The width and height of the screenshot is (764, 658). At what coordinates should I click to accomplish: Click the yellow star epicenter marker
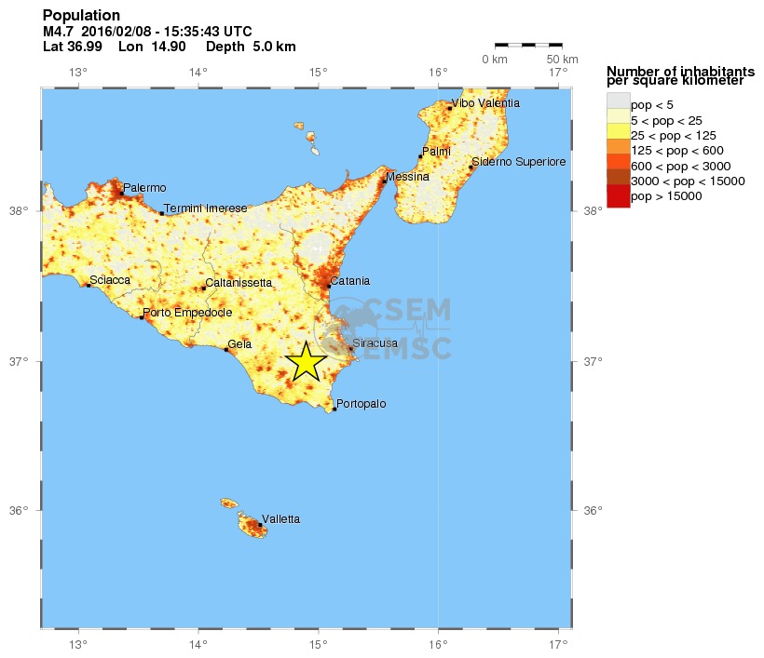tap(306, 362)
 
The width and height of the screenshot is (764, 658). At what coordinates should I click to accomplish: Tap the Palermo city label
tap(144, 188)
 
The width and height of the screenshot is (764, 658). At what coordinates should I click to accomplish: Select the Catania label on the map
tap(349, 280)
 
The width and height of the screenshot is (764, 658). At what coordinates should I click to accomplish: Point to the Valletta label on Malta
tap(280, 518)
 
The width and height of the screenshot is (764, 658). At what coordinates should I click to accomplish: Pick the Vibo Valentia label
tap(485, 103)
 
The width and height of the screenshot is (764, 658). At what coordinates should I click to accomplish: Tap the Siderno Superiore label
tap(519, 162)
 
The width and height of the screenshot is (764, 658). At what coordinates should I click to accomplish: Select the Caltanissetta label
tap(239, 282)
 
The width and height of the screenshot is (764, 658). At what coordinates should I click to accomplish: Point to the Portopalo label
tap(361, 404)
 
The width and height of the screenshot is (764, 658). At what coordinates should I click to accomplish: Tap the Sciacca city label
tap(110, 279)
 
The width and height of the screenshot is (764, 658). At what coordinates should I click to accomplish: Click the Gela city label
tap(240, 344)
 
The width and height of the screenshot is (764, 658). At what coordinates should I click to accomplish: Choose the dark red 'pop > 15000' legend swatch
tap(618, 196)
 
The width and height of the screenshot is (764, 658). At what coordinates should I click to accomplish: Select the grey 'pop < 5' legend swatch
tap(618, 101)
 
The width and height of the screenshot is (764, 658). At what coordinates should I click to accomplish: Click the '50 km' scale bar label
tap(562, 60)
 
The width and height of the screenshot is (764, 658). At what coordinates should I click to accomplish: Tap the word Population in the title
tap(81, 16)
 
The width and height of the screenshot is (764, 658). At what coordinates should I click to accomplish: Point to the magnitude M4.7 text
tap(59, 32)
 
